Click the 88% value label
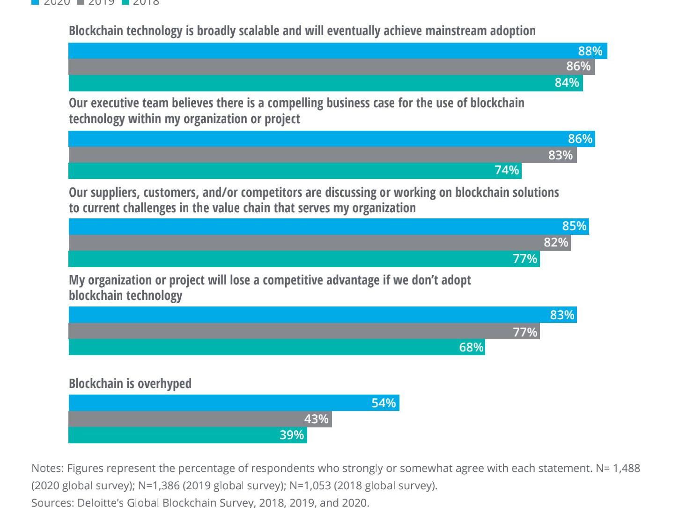point(590,51)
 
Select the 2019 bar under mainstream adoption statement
point(328,67)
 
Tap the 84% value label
point(567,82)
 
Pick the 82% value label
point(556,242)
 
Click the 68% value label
point(471,347)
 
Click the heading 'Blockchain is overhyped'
point(130,383)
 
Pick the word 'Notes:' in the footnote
point(47,468)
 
